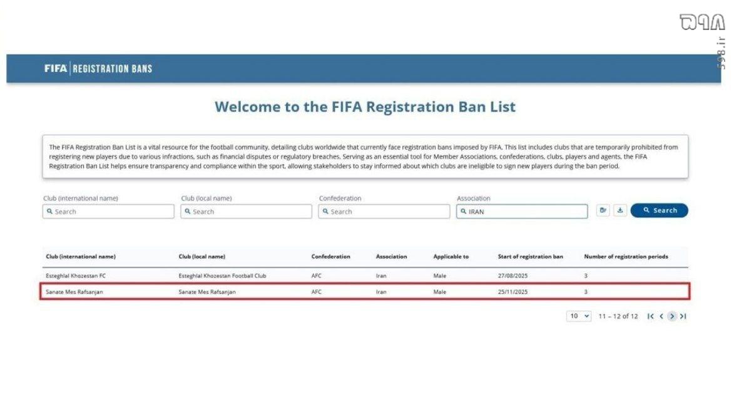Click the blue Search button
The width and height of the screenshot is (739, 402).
click(x=659, y=211)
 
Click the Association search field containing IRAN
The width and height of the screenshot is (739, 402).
click(x=522, y=212)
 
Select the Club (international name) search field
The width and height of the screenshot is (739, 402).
click(x=108, y=212)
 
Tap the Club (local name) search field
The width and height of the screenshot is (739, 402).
click(x=246, y=212)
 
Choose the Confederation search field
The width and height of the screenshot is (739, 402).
click(x=384, y=212)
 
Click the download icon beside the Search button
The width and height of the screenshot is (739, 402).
click(x=619, y=210)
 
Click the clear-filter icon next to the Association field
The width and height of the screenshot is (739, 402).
click(x=603, y=210)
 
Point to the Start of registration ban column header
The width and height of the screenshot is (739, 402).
click(x=530, y=257)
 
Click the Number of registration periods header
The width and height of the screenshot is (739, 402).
click(x=626, y=257)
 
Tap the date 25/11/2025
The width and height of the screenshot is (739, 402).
click(x=513, y=292)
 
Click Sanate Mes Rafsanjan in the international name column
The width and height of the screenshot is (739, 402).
click(x=74, y=292)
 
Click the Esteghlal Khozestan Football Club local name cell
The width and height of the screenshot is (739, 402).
click(x=222, y=276)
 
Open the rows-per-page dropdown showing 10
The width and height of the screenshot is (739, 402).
click(x=579, y=316)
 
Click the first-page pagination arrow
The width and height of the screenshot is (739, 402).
click(x=651, y=316)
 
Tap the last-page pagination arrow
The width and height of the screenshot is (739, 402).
click(x=683, y=316)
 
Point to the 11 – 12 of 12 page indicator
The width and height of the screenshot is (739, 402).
click(x=618, y=316)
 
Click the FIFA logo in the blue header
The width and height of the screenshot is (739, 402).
click(x=56, y=68)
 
